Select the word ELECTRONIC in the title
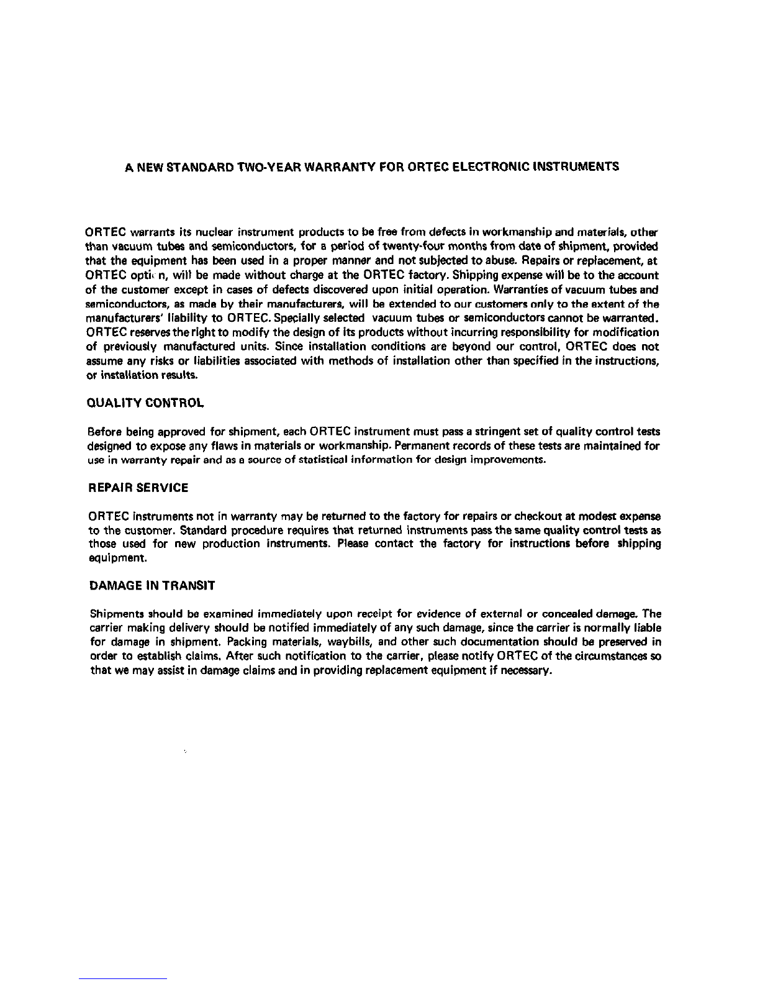(488, 167)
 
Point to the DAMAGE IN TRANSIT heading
(153, 586)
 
